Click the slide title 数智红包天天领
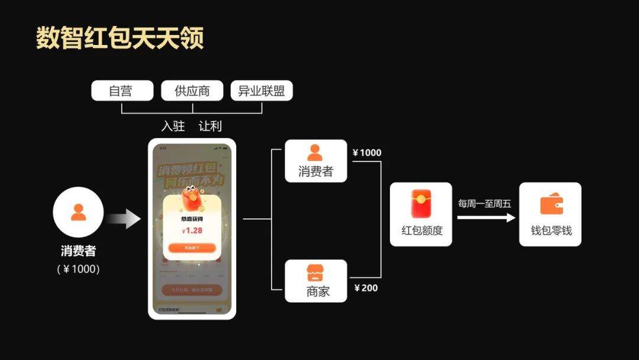pyautogui.click(x=120, y=37)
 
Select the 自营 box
pyautogui.click(x=121, y=91)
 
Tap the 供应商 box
pyautogui.click(x=192, y=91)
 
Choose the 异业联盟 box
pyautogui.click(x=262, y=91)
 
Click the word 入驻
pyautogui.click(x=173, y=127)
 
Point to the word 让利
pyautogui.click(x=211, y=127)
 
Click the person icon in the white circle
pyautogui.click(x=78, y=212)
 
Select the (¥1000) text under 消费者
pyautogui.click(x=78, y=269)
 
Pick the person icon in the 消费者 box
pyautogui.click(x=315, y=153)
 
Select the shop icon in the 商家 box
pyautogui.click(x=315, y=273)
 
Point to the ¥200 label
pyautogui.click(x=366, y=288)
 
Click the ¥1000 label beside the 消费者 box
pyautogui.click(x=367, y=153)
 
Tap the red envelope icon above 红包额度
pyautogui.click(x=421, y=203)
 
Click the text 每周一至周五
pyautogui.click(x=485, y=204)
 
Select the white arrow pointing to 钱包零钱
pyautogui.click(x=486, y=217)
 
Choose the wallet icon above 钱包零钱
pyautogui.click(x=551, y=204)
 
